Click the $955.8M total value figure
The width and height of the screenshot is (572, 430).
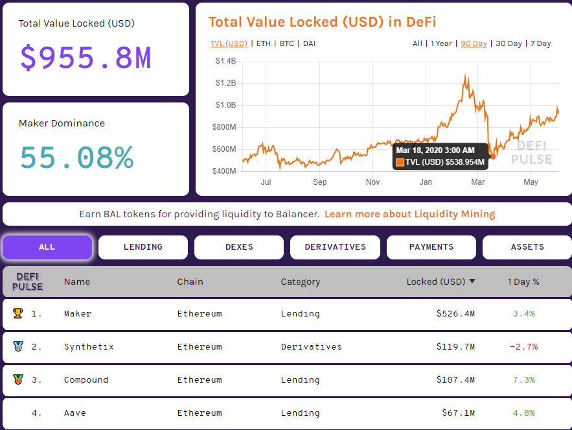tap(86, 58)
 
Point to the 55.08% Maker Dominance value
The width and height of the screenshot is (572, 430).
tap(76, 158)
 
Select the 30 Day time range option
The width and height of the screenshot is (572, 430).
tap(509, 43)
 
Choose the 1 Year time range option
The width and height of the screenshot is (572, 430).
tap(441, 43)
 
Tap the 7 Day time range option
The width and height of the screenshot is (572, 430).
tap(540, 43)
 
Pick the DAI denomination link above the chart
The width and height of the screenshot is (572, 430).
tap(309, 43)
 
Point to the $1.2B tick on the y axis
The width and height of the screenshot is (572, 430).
tap(225, 83)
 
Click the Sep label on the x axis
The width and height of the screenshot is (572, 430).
tap(319, 182)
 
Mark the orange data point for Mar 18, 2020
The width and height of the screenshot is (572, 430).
tap(493, 156)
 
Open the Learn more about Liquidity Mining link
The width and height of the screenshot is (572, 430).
tap(409, 214)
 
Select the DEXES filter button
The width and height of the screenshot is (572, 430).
tap(238, 247)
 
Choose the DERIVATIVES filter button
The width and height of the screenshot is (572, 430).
tap(335, 247)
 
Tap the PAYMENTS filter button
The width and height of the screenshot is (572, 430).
tap(431, 247)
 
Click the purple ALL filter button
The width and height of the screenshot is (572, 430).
tap(47, 247)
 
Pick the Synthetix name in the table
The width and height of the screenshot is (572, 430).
tap(89, 347)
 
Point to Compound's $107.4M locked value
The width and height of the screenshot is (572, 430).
tap(455, 380)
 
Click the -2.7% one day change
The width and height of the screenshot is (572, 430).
tap(523, 347)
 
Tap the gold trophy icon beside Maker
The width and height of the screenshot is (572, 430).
tap(17, 313)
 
